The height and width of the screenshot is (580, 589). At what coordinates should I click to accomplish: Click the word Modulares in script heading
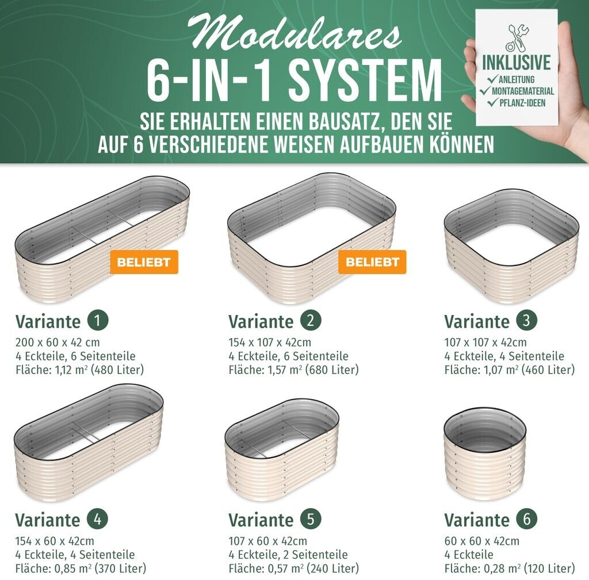[x=294, y=33]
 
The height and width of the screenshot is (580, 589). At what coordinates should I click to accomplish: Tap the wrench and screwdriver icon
[x=516, y=39]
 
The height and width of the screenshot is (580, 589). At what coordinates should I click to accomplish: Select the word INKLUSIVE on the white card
[x=517, y=63]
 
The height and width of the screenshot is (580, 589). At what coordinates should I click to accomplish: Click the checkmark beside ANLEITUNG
[x=492, y=79]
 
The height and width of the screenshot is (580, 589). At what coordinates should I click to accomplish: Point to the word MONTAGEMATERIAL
[x=523, y=91]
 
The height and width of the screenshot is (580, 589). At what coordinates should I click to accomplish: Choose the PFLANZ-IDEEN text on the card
[x=522, y=103]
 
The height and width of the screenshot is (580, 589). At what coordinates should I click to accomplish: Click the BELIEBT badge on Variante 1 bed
[x=144, y=262]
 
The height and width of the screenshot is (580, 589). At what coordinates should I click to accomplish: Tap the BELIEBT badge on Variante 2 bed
[x=372, y=262]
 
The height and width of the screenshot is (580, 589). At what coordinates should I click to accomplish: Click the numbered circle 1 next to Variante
[x=98, y=321]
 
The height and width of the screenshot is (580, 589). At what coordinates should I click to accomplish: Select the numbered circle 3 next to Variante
[x=526, y=321]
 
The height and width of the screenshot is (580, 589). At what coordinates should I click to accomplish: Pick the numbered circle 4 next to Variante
[x=97, y=519]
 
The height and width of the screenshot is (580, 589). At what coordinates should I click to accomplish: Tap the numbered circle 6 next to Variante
[x=526, y=519]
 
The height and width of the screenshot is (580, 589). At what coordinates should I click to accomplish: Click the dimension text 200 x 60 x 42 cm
[x=58, y=343]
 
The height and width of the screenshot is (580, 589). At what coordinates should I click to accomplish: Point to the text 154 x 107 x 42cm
[x=270, y=343]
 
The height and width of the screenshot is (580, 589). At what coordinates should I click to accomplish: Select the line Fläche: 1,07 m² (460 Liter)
[x=510, y=370]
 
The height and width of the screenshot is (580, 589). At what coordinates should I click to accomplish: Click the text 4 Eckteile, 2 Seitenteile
[x=288, y=555]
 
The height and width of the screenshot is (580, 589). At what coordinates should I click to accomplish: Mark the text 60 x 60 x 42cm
[x=481, y=541]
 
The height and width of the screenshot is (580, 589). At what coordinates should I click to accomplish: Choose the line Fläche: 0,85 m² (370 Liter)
[x=81, y=569]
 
